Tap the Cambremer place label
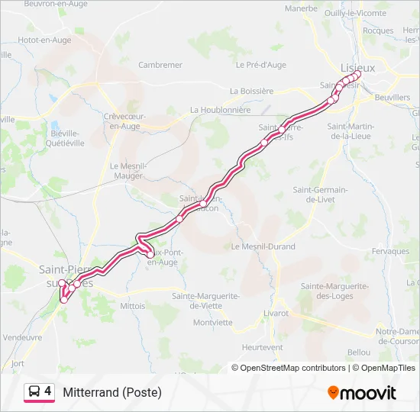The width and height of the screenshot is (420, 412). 160,65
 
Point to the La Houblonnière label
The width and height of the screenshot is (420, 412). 221,110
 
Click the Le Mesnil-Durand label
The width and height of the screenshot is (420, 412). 263,247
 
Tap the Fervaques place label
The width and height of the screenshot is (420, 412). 391,251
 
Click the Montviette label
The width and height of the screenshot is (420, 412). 213,322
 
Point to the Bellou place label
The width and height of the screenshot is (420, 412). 358,352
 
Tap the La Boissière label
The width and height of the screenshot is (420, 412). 251,91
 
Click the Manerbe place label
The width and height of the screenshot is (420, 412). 301,8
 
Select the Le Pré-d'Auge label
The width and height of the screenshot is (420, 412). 260,65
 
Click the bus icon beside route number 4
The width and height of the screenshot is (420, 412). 35,392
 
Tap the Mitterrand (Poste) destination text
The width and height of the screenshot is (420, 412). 112,393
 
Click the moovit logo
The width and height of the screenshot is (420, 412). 362,393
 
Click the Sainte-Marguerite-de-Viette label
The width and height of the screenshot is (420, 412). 206,300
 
